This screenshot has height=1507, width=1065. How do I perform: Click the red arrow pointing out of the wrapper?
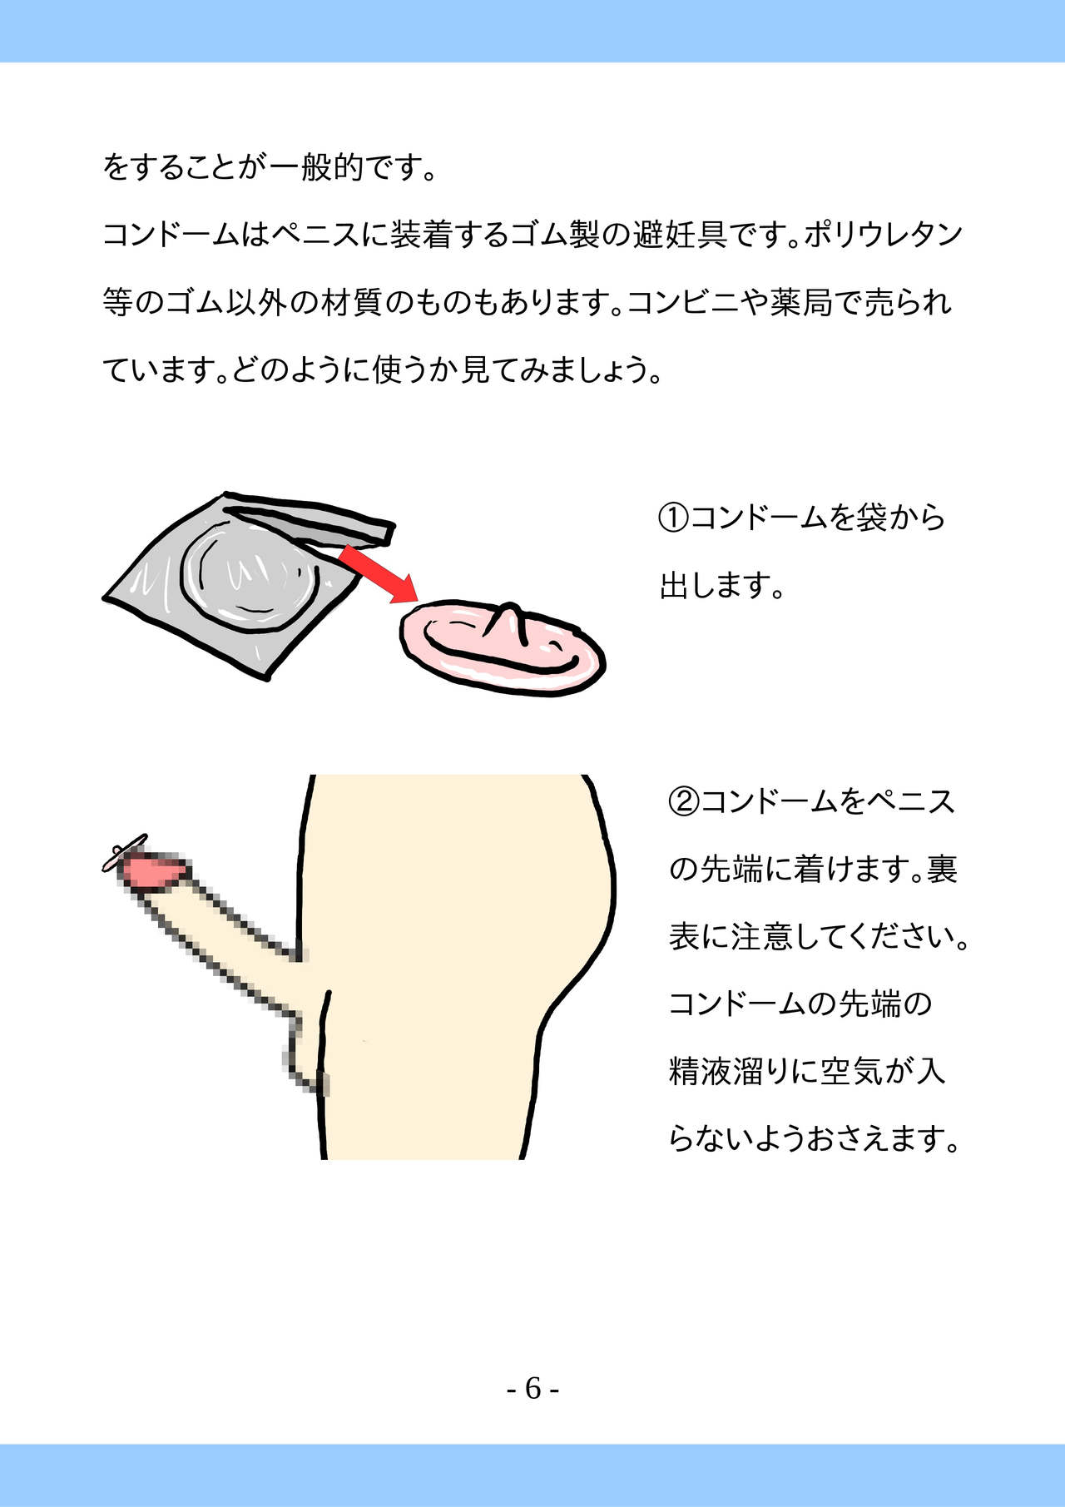tap(379, 573)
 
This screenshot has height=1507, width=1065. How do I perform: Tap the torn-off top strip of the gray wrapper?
tap(309, 519)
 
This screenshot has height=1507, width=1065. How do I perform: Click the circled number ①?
tap(673, 518)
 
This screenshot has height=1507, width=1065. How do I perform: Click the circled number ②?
tap(684, 801)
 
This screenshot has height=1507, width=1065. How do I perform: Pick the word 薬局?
tap(800, 302)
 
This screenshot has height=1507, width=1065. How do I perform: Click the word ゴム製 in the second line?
tap(555, 235)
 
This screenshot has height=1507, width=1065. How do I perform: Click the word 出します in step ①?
tap(712, 586)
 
